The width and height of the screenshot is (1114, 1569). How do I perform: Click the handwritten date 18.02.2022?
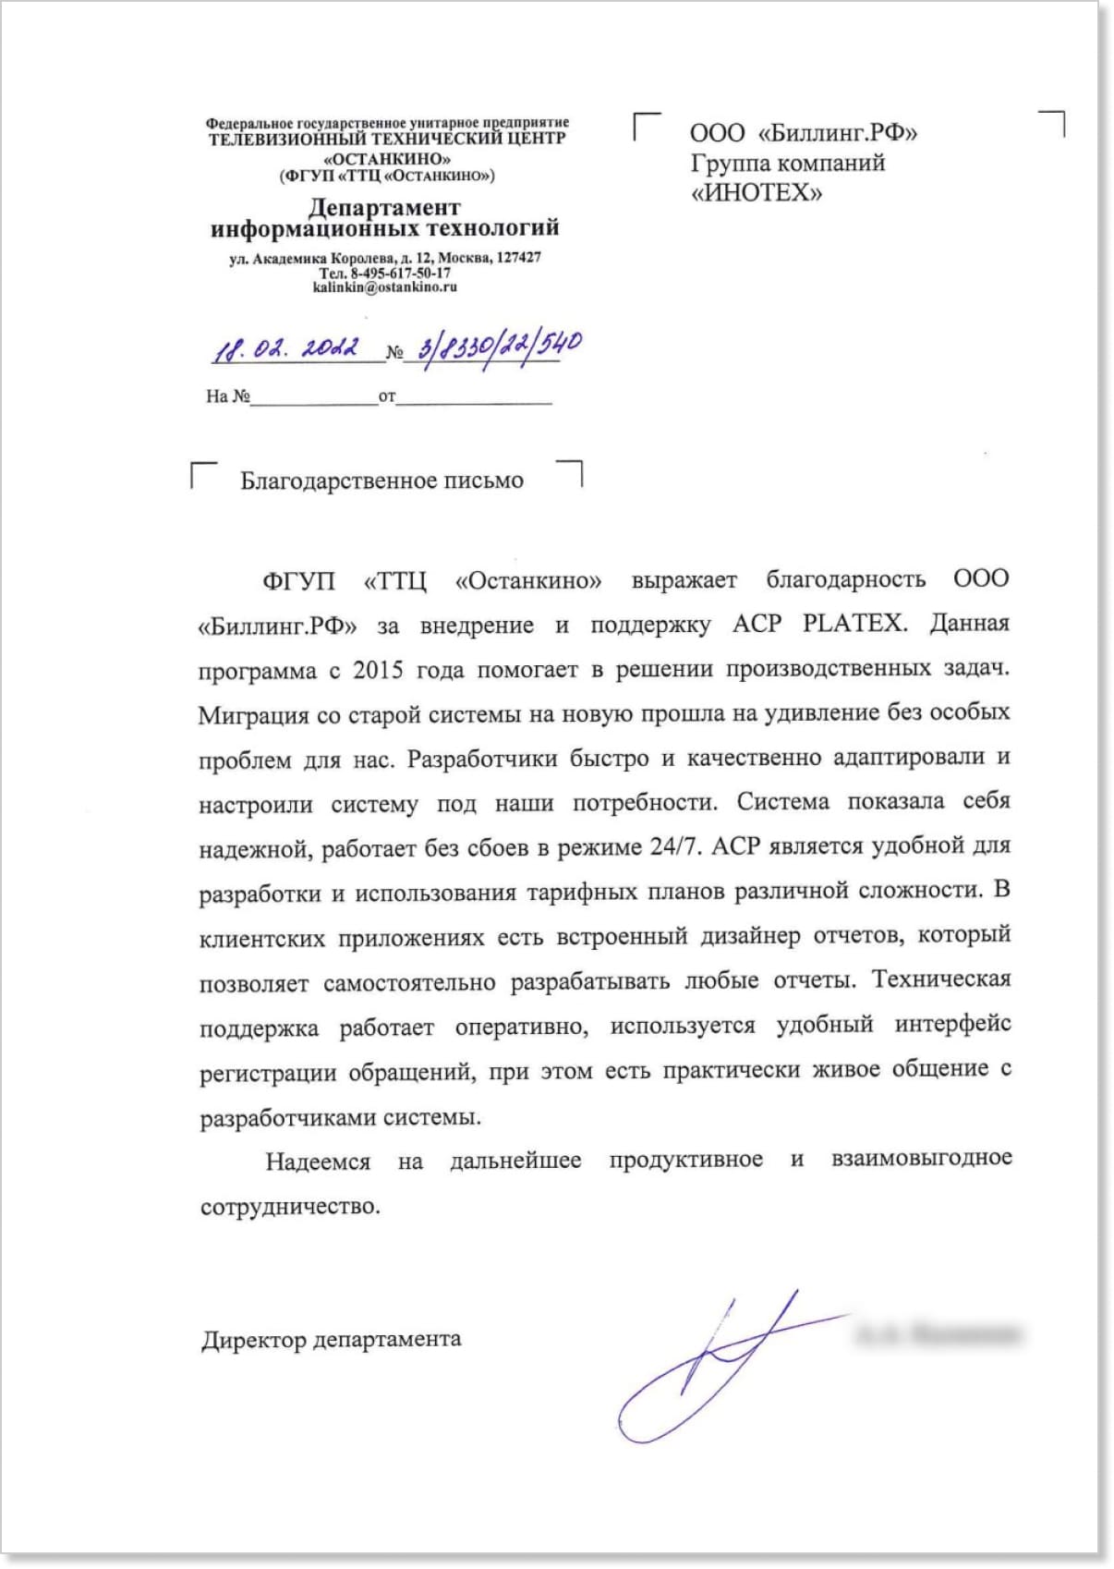pyautogui.click(x=286, y=348)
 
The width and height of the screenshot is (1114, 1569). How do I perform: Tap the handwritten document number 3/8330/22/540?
pyautogui.click(x=499, y=347)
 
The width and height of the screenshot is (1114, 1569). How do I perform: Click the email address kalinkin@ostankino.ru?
pyautogui.click(x=384, y=287)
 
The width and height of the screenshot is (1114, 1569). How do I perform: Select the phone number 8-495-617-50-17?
pyautogui.click(x=400, y=274)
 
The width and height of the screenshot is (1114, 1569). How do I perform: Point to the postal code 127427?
pyautogui.click(x=518, y=258)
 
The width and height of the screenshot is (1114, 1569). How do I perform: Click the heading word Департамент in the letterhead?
pyautogui.click(x=384, y=207)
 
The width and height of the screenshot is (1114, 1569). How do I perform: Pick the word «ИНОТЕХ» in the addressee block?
pyautogui.click(x=756, y=193)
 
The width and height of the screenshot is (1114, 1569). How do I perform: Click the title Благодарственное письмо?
pyautogui.click(x=381, y=480)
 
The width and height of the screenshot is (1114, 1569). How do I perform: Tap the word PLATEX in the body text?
pyautogui.click(x=853, y=623)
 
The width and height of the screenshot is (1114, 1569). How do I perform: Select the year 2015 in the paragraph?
pyautogui.click(x=378, y=670)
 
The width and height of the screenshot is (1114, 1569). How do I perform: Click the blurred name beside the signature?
pyautogui.click(x=938, y=1334)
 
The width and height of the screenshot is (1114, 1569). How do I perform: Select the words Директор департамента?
pyautogui.click(x=332, y=1339)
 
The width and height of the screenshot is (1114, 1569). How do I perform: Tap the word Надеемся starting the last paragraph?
pyautogui.click(x=318, y=1162)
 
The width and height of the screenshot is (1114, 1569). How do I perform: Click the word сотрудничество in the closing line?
pyautogui.click(x=289, y=1207)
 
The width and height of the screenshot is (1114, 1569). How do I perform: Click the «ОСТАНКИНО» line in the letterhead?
pyautogui.click(x=387, y=159)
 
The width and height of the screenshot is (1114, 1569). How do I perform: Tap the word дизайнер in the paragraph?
pyautogui.click(x=749, y=936)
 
